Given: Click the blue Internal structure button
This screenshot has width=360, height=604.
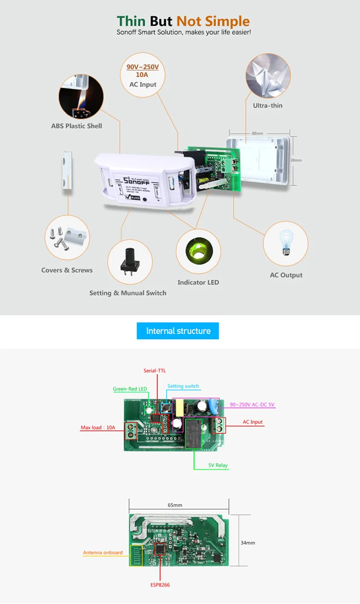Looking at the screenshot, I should [178, 331].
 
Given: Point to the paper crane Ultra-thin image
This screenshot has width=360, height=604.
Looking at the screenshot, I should [268, 75].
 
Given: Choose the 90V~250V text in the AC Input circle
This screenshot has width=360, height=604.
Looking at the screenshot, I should [143, 67].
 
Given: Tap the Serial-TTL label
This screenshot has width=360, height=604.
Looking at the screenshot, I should [155, 371].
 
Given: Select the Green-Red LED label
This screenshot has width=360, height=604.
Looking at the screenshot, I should [130, 389].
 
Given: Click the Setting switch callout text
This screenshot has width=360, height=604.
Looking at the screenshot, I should [183, 386].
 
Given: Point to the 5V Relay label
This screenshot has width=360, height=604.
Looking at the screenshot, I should [218, 465].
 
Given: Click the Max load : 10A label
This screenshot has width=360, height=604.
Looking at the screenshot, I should [98, 427].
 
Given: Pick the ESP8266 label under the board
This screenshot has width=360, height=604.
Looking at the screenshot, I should [160, 585].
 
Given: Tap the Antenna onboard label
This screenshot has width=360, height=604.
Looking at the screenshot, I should [103, 553].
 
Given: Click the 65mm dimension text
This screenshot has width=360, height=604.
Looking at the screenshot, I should [175, 505].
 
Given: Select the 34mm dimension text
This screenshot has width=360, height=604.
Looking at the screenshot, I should [248, 543].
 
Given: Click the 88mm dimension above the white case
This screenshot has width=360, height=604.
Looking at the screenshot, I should [257, 133].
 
